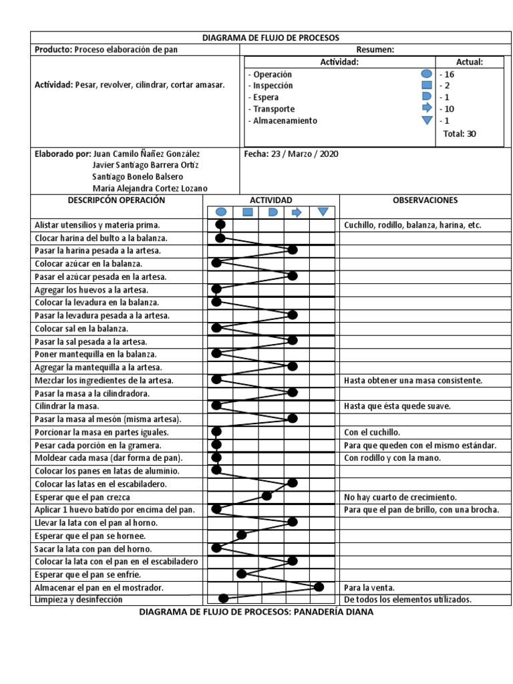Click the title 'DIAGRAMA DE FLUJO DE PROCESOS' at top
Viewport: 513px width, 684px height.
271,38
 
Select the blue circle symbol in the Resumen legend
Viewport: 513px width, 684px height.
425,74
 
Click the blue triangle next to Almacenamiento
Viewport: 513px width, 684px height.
425,121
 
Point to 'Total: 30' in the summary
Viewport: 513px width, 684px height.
460,134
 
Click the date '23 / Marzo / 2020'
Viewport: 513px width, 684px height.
305,154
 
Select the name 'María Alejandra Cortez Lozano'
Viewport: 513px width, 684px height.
150,188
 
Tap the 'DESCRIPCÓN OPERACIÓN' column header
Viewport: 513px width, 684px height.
116,200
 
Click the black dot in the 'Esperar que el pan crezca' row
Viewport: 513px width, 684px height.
267,496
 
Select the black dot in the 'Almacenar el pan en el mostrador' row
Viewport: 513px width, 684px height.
319,586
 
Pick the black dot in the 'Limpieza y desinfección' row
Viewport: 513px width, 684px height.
224,598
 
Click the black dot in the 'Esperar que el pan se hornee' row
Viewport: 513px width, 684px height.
242,534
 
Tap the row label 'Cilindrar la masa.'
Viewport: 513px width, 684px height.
67,406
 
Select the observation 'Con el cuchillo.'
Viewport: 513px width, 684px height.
373,432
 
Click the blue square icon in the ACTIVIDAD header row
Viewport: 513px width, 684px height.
246,212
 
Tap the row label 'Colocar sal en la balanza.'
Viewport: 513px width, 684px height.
81,329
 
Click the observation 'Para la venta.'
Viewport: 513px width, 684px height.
369,588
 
